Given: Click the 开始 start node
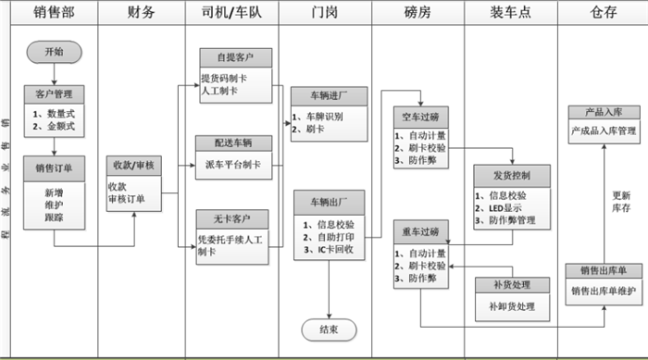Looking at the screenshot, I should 54,52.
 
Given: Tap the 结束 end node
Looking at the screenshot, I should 328,329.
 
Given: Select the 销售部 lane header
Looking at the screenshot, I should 52,13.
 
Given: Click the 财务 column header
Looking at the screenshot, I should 143,13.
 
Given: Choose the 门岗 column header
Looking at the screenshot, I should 327,13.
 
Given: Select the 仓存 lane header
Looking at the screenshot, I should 603,13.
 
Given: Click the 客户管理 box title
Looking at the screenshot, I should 54,94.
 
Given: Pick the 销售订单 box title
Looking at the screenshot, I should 54,168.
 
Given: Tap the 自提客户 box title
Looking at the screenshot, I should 235,57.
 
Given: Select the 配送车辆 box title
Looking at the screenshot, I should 235,143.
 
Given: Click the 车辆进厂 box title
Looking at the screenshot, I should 328,96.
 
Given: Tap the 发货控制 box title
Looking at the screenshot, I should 511,174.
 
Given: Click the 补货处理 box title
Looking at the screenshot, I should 511,285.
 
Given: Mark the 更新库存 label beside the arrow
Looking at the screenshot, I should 621,203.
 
